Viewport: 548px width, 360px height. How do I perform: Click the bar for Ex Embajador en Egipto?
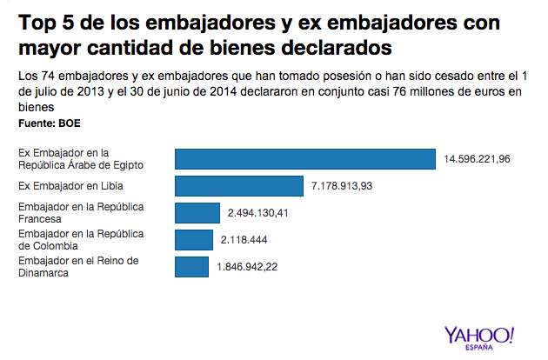pyautogui.click(x=304, y=159)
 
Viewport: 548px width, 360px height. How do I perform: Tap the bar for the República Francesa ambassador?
pyautogui.click(x=197, y=213)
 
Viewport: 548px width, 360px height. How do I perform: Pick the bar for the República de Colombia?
pyautogui.click(x=194, y=240)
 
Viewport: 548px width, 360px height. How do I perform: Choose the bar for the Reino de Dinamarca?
pyautogui.click(x=191, y=267)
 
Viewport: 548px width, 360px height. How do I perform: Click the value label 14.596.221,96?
pyautogui.click(x=477, y=159)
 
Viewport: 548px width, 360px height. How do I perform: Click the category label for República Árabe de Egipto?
pyautogui.click(x=81, y=159)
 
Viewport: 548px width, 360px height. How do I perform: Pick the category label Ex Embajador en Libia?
pyautogui.click(x=71, y=186)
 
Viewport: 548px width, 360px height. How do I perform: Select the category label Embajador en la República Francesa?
pyautogui.click(x=81, y=213)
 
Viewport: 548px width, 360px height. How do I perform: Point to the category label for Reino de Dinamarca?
pyautogui.click(x=79, y=267)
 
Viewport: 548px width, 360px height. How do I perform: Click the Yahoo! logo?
pyautogui.click(x=479, y=334)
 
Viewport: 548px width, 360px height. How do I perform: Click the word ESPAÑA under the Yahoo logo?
pyautogui.click(x=479, y=348)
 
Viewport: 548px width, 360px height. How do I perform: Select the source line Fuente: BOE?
pyautogui.click(x=50, y=123)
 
